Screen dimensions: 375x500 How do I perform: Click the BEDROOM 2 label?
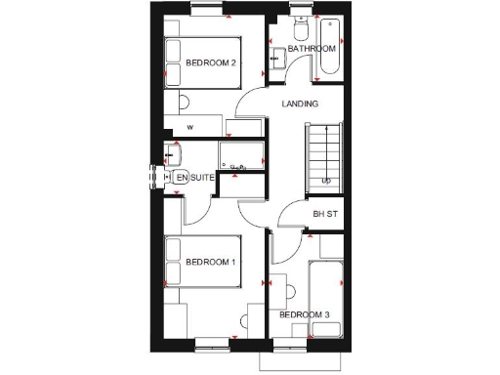[x=211, y=63]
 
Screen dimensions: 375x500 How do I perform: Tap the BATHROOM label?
[x=312, y=48]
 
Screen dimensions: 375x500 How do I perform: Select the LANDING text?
[x=299, y=104]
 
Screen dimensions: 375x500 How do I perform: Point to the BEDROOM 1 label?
[x=211, y=262]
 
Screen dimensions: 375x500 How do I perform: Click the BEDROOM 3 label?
[x=305, y=314]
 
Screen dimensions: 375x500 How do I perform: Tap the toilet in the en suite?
[x=179, y=177]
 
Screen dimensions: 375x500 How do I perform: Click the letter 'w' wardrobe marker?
[x=190, y=127]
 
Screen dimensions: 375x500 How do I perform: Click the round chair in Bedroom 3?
[x=290, y=290]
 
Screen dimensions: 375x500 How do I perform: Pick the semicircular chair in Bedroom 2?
[x=184, y=103]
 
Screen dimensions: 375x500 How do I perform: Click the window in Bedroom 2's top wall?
[x=204, y=10]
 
